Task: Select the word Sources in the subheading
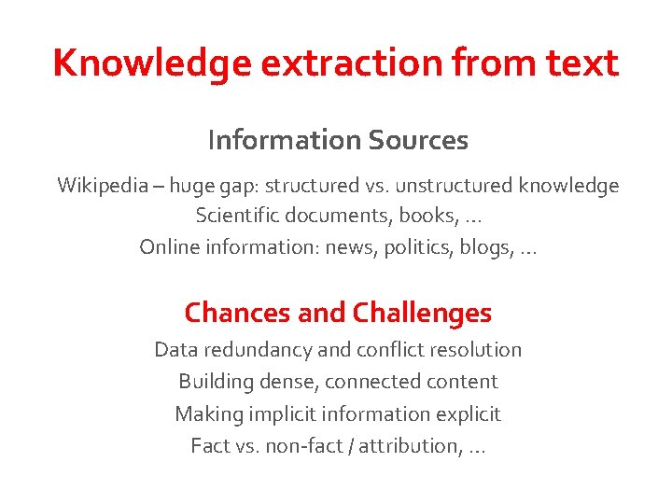(418, 140)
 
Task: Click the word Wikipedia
(100, 186)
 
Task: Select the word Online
(168, 246)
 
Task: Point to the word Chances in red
(237, 312)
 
